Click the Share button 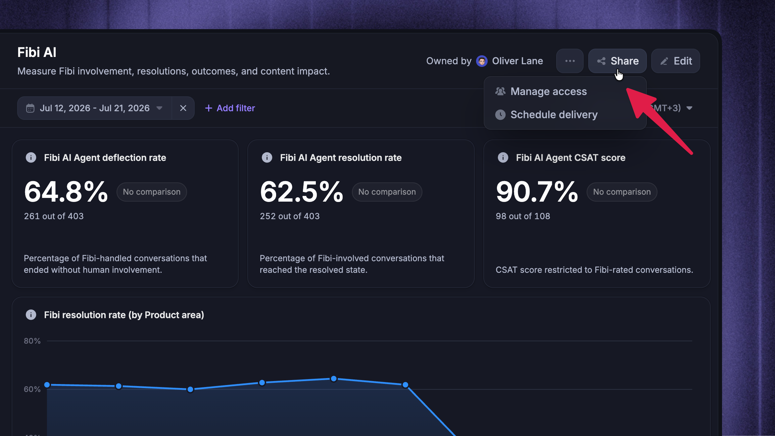click(x=617, y=61)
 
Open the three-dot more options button click(x=570, y=61)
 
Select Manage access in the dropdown click(x=549, y=91)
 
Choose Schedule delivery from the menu click(x=554, y=115)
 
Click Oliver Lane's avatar click(x=482, y=61)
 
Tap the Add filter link click(x=230, y=108)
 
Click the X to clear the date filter click(x=183, y=108)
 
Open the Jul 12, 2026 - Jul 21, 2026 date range click(x=95, y=108)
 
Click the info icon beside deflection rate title click(x=31, y=158)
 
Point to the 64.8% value click(x=66, y=192)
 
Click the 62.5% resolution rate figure click(x=302, y=192)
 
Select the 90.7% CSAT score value click(x=537, y=192)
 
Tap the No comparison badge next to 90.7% click(x=622, y=192)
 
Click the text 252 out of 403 click(x=290, y=216)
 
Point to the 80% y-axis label click(x=32, y=341)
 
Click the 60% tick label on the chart click(x=32, y=389)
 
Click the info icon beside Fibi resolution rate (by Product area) click(x=31, y=315)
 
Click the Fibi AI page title click(x=37, y=52)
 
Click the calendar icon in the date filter click(x=30, y=108)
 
